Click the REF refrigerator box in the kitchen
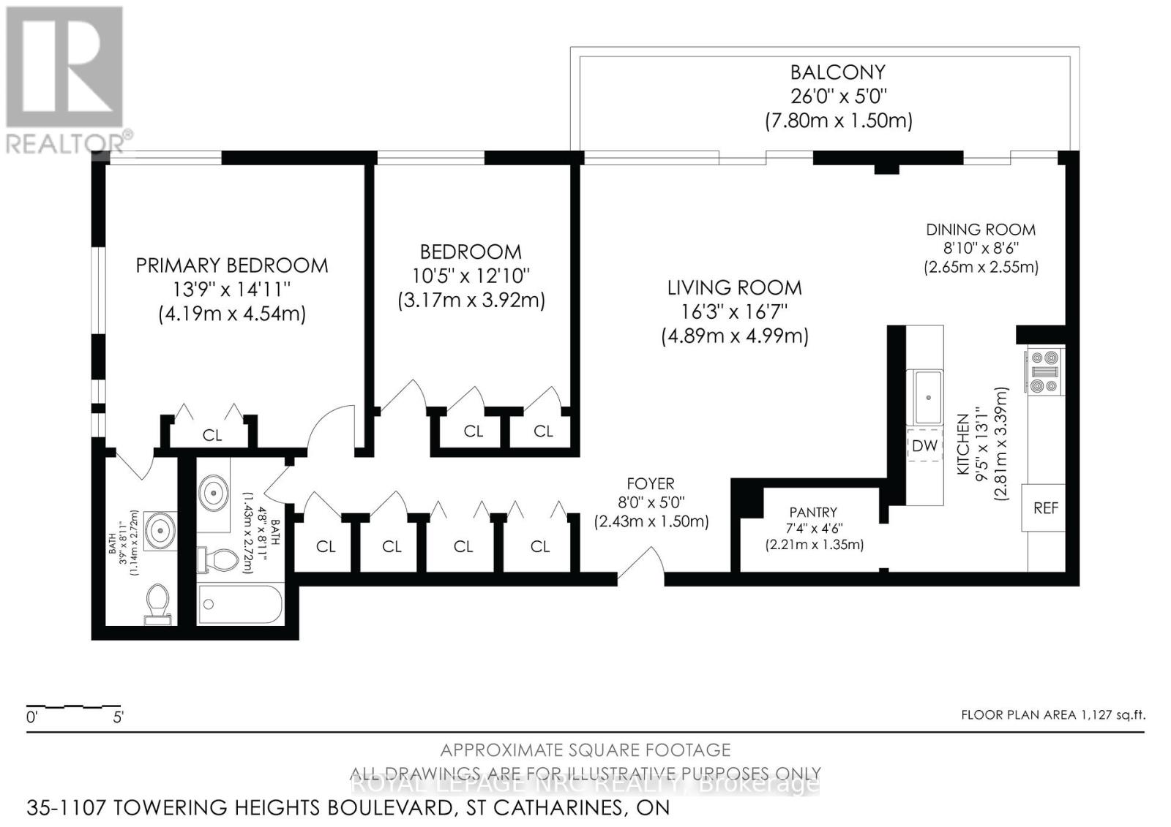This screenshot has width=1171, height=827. coord(1045,507)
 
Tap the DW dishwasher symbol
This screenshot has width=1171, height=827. coord(924,445)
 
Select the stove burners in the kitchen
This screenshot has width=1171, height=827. coord(1044,372)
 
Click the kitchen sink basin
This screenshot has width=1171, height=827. coord(927,397)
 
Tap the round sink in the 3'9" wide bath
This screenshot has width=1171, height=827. coord(159,529)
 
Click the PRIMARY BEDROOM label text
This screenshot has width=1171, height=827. coord(232,265)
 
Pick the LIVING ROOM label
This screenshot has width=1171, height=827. coord(734,287)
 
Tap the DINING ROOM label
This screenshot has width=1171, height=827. coord(981,230)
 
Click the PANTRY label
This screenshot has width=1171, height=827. coord(813,513)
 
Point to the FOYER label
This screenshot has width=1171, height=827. coord(651,483)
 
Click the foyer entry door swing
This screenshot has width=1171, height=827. coord(641,564)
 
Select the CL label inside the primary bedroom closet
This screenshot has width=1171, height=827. coord(212,435)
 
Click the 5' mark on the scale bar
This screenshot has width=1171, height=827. coord(118,717)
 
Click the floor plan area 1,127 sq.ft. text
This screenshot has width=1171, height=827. coord(1052,715)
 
